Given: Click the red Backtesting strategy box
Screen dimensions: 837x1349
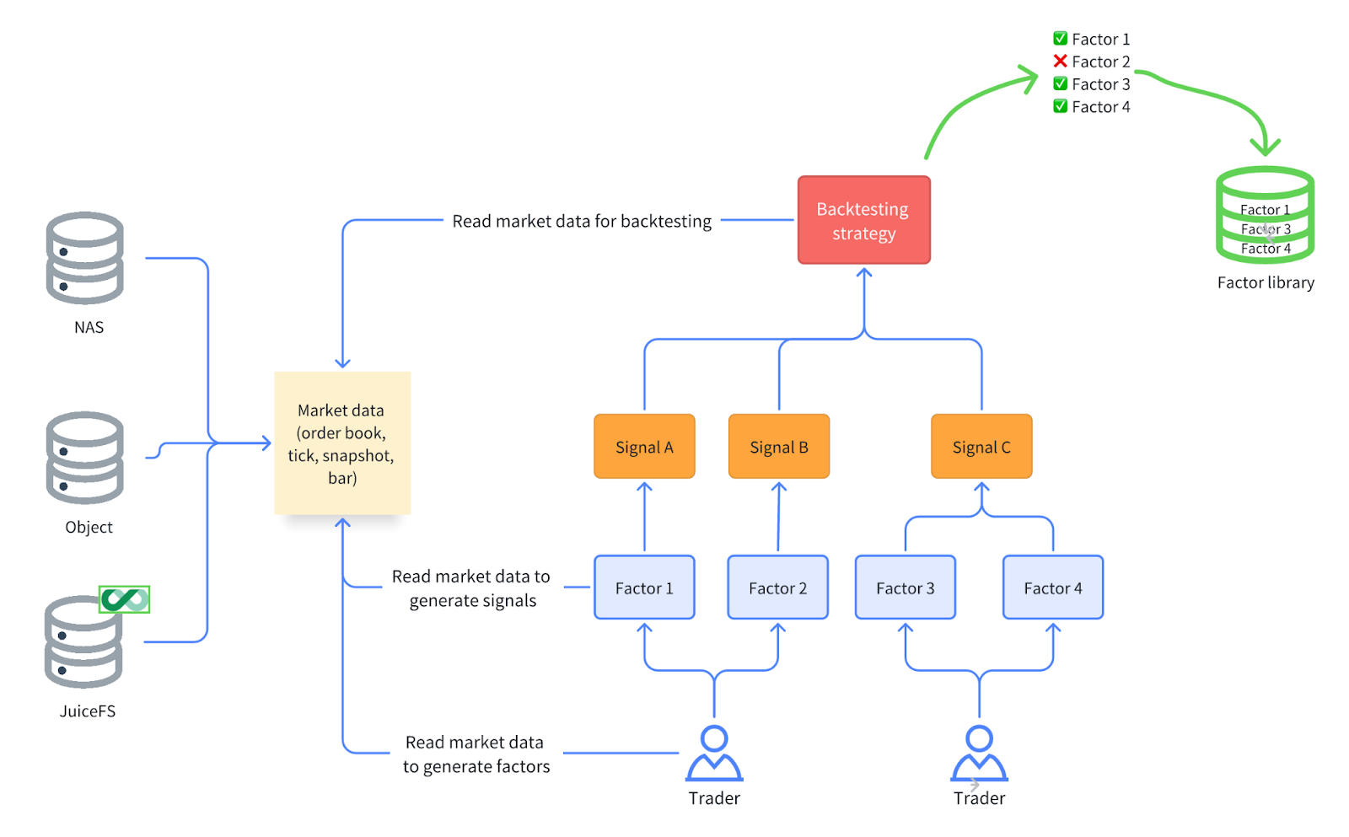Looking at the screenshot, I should (863, 220).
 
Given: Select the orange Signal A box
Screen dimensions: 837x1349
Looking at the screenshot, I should (644, 447).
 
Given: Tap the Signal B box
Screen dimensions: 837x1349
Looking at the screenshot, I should (778, 447).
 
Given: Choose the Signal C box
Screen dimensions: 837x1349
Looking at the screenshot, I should (981, 447).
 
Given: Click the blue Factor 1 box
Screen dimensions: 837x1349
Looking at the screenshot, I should (644, 588).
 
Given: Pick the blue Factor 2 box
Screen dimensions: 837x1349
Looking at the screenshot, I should (777, 588).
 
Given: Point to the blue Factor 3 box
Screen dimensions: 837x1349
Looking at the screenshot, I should (905, 588).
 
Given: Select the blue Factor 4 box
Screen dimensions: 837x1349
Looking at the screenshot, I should (1052, 588).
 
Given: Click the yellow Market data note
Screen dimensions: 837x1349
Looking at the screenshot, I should (341, 443).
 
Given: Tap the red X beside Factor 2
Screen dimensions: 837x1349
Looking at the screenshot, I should (1060, 61).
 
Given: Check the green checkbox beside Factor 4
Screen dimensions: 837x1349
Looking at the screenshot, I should (1060, 106).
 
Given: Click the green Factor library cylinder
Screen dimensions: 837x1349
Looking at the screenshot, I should (1265, 215).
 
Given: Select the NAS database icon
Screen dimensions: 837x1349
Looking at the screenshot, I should (85, 258).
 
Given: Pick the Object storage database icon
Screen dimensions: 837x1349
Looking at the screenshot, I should (85, 458).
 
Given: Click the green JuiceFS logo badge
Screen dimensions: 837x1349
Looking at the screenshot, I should (124, 599).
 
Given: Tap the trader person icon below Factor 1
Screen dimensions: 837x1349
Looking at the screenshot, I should (714, 754).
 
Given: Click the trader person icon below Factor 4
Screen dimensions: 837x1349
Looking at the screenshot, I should (979, 754).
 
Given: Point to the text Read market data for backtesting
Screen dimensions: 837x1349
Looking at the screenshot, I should (582, 221).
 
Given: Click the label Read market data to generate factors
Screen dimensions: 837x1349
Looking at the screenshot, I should (476, 754).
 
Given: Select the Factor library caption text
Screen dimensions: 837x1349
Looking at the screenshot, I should (1265, 282).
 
